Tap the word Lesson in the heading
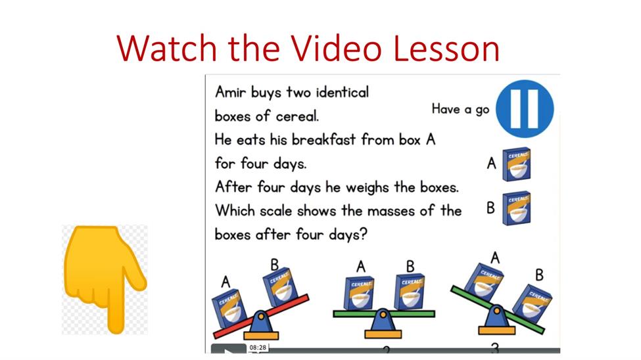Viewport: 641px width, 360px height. (446, 48)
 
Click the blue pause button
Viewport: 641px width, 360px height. (525, 108)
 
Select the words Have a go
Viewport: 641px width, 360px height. (460, 109)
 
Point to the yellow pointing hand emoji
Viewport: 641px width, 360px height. (105, 278)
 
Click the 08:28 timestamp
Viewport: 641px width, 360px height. (258, 348)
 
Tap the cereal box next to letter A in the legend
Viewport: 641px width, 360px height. (516, 164)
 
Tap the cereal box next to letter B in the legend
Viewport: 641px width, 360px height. (516, 208)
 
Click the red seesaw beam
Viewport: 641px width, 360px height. (261, 316)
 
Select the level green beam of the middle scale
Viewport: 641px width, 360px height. (384, 314)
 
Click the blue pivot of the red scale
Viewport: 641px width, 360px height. (261, 322)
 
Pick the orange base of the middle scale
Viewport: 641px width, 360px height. (383, 334)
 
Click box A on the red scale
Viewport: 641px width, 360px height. (229, 309)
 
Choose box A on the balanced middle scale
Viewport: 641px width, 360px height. (359, 293)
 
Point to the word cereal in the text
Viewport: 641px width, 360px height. (297, 116)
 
